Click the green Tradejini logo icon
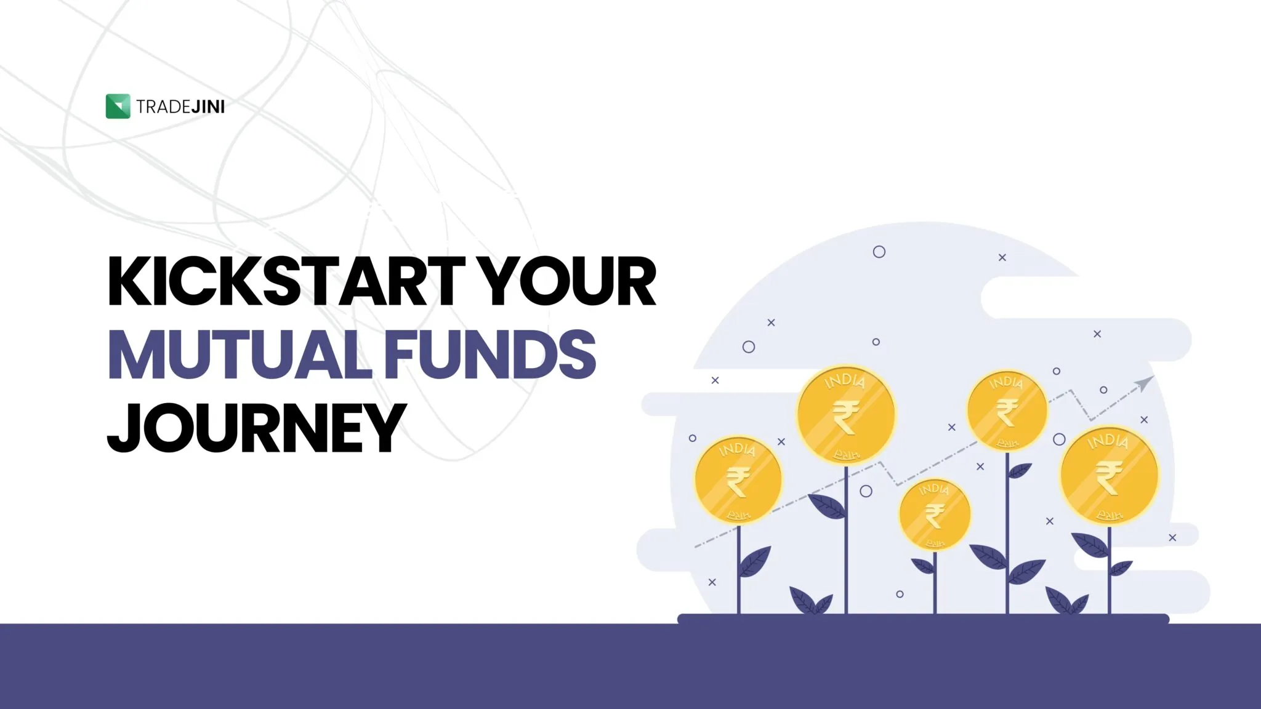[118, 106]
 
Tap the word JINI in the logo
[208, 107]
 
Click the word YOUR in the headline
[567, 281]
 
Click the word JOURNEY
[257, 428]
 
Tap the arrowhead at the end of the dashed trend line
[1145, 383]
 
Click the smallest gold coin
[935, 515]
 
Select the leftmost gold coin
[738, 479]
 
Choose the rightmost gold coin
[1109, 475]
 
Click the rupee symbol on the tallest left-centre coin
[846, 417]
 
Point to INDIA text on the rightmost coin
[1108, 441]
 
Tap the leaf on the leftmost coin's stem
[755, 561]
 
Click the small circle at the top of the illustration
[879, 252]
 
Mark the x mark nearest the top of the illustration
[1002, 257]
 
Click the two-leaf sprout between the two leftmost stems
[812, 601]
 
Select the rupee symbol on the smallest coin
[935, 516]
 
